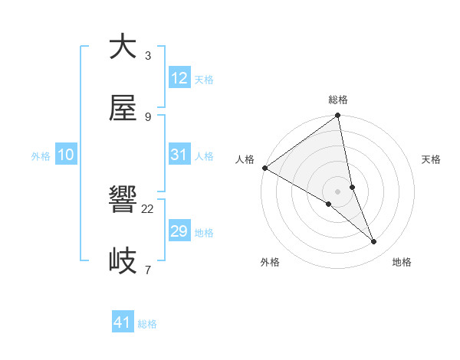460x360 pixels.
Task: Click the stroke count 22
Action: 148,208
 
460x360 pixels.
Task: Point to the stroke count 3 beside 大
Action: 148,55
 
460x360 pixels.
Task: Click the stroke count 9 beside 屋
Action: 148,116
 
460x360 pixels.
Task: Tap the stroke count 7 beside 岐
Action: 148,270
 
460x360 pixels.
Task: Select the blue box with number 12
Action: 179,78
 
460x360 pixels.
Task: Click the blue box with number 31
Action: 179,155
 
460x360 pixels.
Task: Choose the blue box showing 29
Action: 179,231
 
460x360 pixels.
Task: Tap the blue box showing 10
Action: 66,155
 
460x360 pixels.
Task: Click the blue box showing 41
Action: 123,322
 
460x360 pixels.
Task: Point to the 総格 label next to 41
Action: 147,324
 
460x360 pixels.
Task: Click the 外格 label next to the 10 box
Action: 41,156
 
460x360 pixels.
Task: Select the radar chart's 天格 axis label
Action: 432,159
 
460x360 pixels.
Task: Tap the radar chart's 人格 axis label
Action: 245,159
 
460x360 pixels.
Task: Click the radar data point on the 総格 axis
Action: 337,116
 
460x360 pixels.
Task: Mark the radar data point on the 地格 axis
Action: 374,242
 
